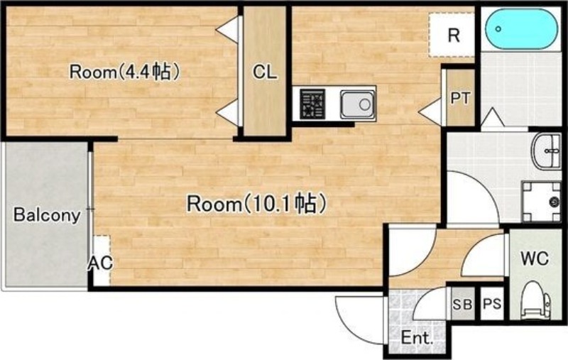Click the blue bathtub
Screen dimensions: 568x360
[522, 28]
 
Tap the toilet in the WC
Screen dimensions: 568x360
[535, 300]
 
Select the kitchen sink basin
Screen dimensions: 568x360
[357, 104]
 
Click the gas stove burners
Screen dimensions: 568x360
[312, 104]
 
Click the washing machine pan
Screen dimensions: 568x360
[542, 202]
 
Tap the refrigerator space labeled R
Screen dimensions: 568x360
[452, 35]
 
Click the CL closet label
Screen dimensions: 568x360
[265, 72]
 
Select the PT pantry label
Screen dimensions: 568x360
[460, 98]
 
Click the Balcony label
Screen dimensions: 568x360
[47, 214]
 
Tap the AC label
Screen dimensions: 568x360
[101, 263]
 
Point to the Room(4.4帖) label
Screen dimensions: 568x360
[125, 71]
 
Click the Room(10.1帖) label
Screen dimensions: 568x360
[256, 204]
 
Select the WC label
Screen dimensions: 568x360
[535, 258]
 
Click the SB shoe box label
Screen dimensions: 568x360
[463, 304]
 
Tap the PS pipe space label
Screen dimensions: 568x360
[492, 303]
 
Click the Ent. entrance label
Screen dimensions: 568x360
[417, 338]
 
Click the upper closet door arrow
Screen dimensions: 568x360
[228, 28]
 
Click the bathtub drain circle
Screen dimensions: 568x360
[499, 29]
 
